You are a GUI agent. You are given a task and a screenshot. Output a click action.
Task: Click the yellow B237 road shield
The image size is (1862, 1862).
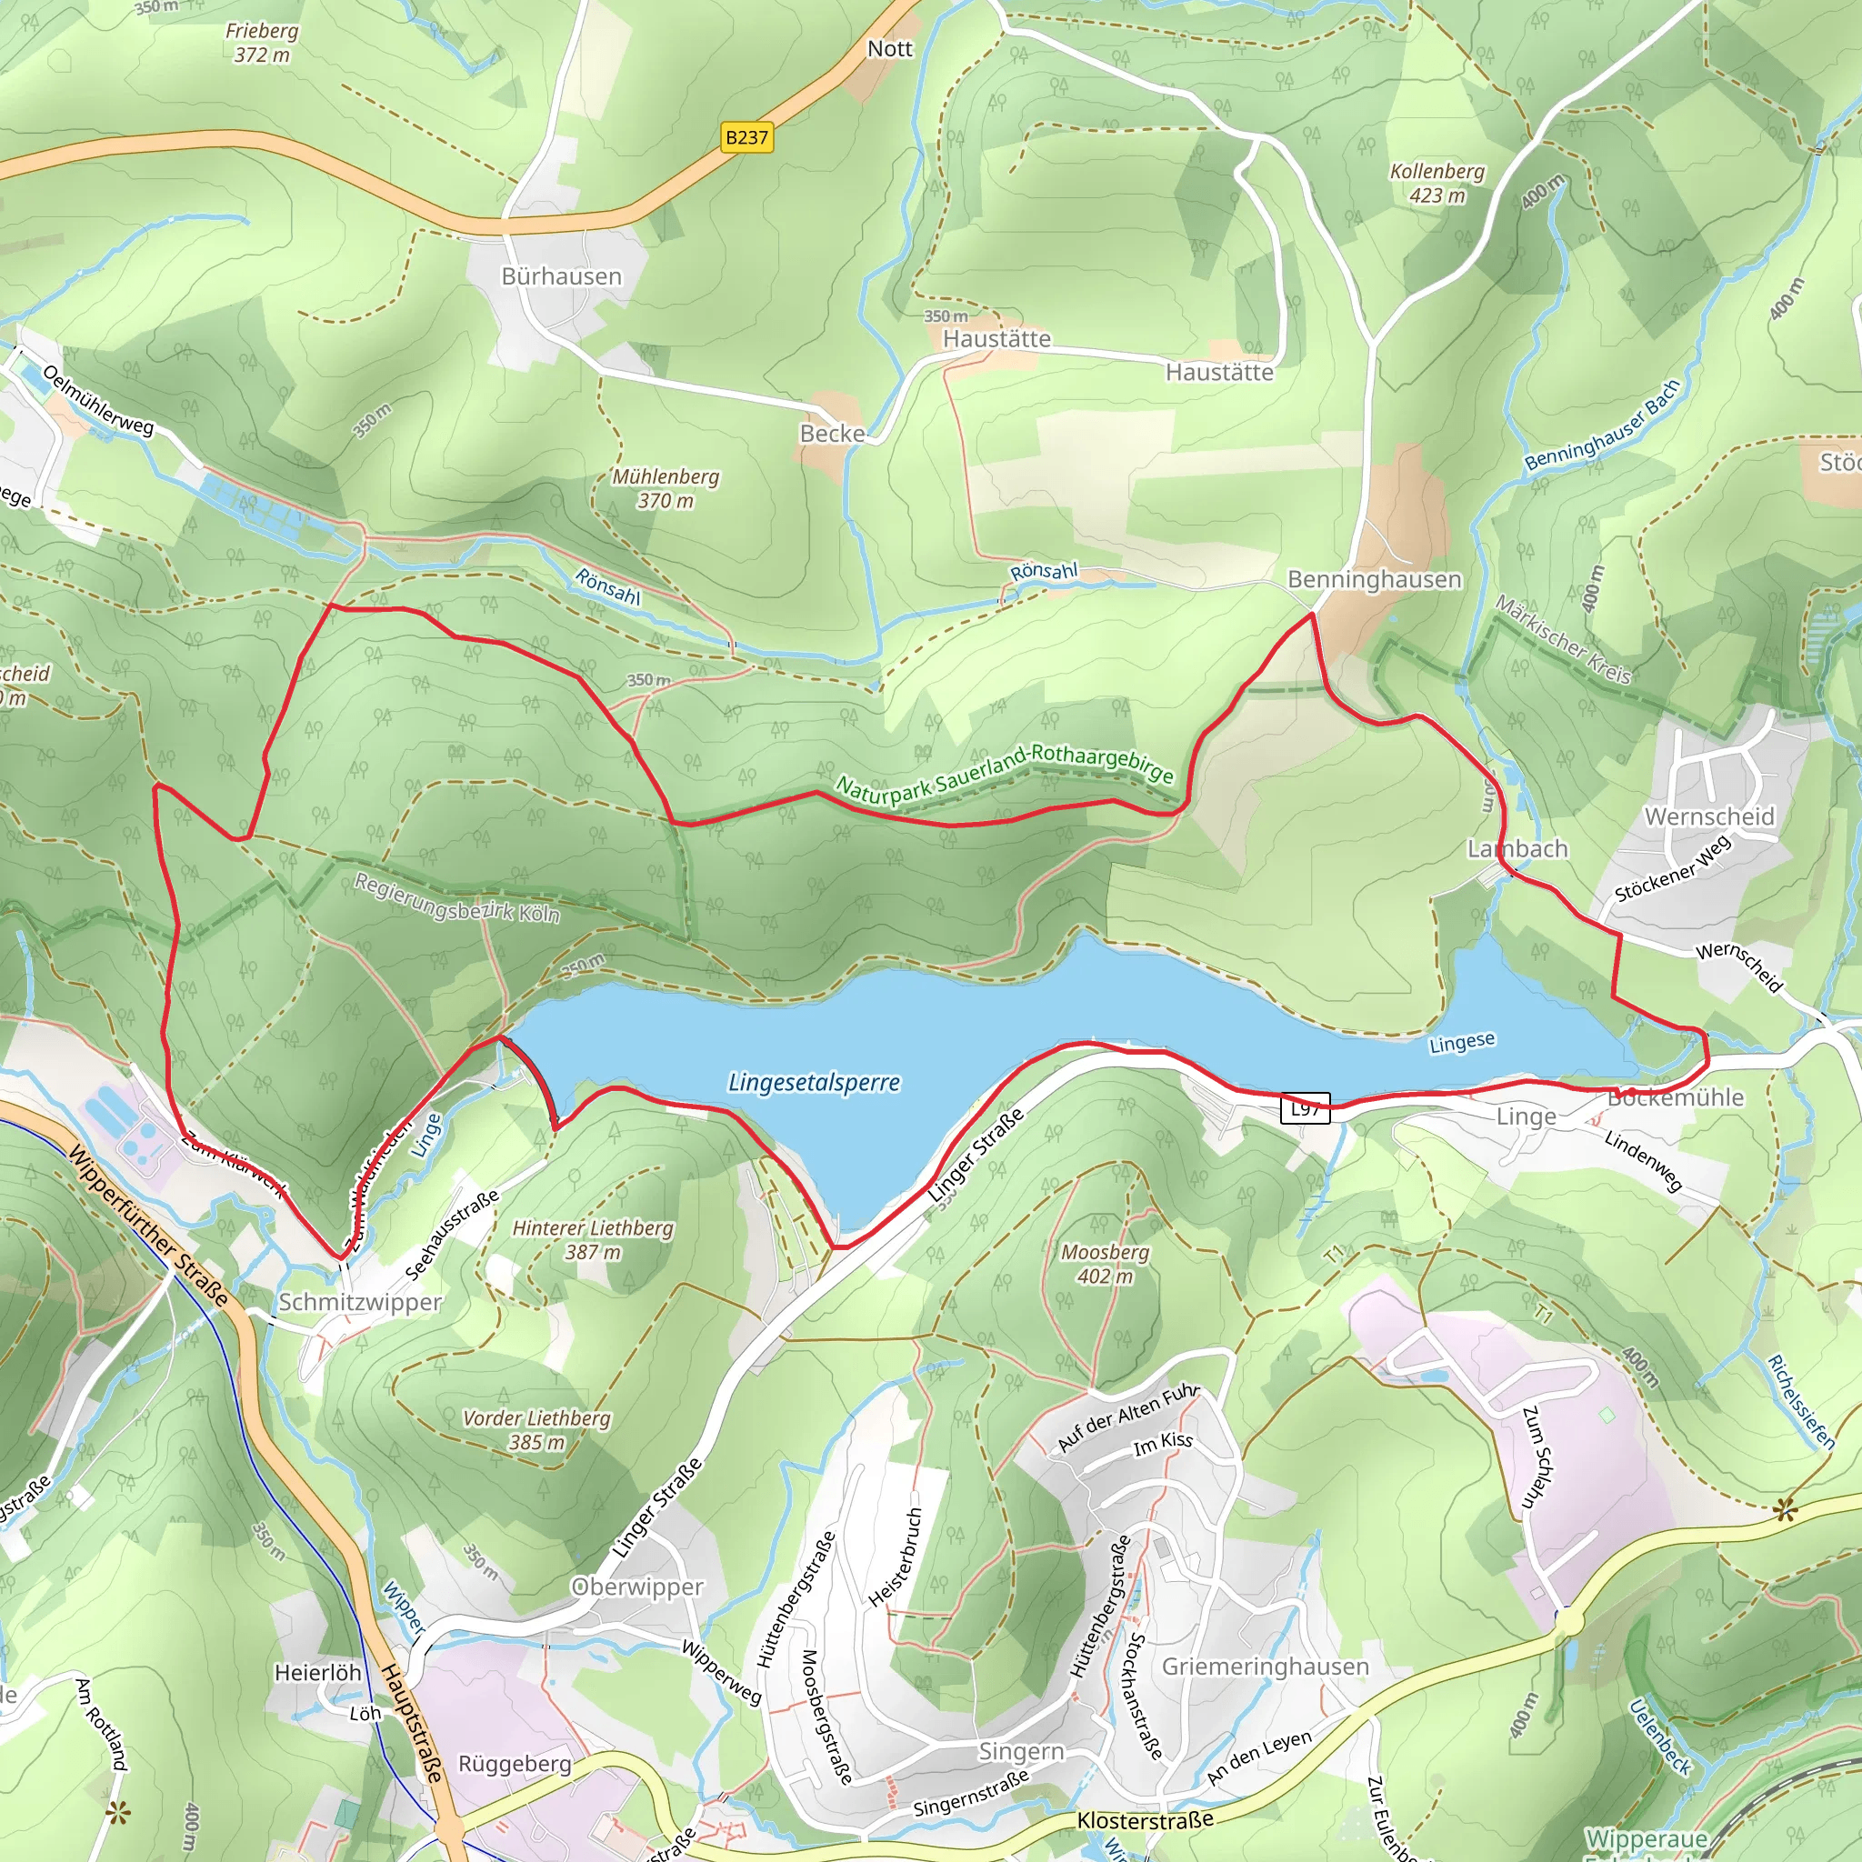(x=747, y=138)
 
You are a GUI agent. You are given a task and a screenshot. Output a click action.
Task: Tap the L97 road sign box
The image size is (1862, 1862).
(x=1305, y=1108)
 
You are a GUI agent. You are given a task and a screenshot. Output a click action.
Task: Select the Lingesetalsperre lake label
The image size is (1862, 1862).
(x=815, y=1082)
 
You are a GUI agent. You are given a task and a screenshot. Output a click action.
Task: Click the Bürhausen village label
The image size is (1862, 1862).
(x=561, y=276)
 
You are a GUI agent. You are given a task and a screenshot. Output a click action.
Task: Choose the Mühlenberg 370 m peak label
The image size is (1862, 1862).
(x=665, y=488)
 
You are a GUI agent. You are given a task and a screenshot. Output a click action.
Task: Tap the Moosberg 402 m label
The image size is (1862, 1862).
(x=1105, y=1264)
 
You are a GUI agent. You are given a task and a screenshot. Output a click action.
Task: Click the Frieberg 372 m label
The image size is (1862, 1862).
(x=261, y=43)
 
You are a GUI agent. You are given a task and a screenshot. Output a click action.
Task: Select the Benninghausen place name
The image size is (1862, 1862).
(x=1375, y=579)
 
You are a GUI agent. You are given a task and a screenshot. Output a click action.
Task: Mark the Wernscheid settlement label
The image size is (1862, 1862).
(x=1708, y=816)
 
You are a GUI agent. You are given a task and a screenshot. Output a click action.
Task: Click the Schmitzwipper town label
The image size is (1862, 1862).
(x=359, y=1302)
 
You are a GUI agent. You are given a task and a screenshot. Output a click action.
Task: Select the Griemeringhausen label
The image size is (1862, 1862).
(x=1265, y=1667)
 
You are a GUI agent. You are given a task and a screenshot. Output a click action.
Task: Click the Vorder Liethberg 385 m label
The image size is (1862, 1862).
(x=536, y=1430)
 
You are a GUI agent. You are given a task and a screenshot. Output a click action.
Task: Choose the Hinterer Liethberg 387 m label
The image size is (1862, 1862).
(x=592, y=1239)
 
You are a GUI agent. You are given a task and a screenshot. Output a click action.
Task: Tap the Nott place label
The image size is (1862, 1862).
(x=888, y=49)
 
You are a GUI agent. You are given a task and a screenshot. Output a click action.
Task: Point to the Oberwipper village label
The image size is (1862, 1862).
(x=636, y=1587)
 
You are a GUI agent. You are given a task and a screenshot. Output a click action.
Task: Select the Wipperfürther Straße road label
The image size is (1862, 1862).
(x=148, y=1225)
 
